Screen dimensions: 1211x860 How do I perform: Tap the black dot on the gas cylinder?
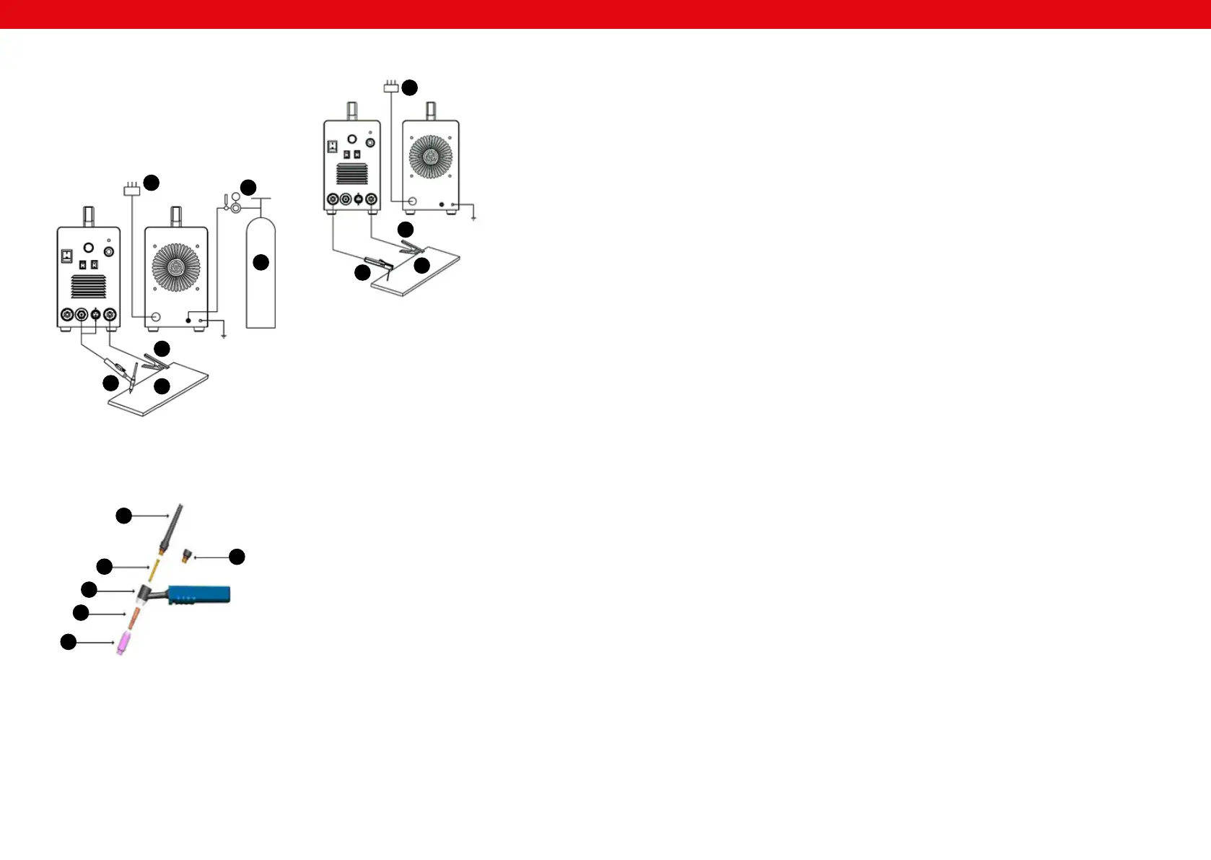click(261, 262)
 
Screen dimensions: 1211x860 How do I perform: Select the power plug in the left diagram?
click(131, 190)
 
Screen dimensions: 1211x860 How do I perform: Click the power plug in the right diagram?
click(390, 87)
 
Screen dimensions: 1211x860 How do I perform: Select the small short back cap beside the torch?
click(187, 556)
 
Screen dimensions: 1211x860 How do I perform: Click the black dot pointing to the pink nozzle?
click(68, 641)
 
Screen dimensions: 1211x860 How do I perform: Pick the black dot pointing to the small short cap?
click(237, 557)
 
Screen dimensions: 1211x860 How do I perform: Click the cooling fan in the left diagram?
click(176, 267)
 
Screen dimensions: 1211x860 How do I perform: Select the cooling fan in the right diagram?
click(430, 157)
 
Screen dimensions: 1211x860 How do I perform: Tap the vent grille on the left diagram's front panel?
click(88, 286)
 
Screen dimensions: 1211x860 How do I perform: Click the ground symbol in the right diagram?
click(473, 217)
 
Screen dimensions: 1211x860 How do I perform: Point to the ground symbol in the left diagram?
click(224, 336)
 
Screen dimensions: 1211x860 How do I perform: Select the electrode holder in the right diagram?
click(380, 263)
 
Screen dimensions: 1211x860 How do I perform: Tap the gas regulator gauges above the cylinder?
click(233, 202)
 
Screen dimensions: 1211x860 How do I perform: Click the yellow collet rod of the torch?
click(154, 568)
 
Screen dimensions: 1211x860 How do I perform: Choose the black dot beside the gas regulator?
click(248, 188)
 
